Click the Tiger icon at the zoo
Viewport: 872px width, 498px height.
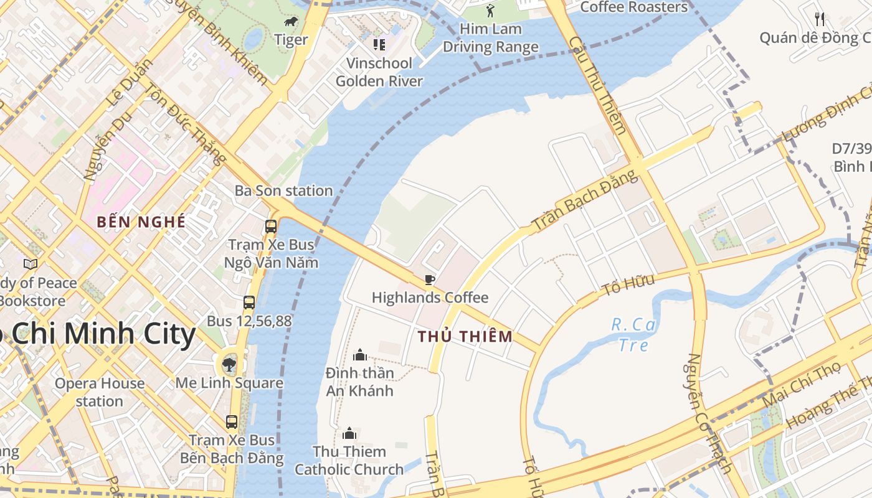click(291, 22)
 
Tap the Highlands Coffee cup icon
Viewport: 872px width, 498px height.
click(429, 280)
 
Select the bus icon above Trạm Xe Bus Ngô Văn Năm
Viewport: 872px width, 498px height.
click(271, 227)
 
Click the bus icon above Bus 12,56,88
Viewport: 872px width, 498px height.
click(249, 303)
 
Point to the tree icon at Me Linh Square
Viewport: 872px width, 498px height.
click(229, 364)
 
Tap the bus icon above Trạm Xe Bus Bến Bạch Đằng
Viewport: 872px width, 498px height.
click(232, 421)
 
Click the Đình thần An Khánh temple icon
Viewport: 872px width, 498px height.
click(360, 355)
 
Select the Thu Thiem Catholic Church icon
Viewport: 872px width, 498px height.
click(349, 433)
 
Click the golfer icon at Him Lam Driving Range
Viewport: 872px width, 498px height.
click(490, 11)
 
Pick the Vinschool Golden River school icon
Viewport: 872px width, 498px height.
click(379, 44)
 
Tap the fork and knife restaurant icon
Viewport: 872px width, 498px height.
click(820, 19)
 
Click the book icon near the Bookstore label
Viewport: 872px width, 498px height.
click(31, 265)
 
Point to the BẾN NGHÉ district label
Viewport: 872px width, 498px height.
click(141, 222)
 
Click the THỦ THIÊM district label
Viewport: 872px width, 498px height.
click(465, 337)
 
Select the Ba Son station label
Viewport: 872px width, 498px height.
click(283, 190)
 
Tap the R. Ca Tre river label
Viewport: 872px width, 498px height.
click(633, 334)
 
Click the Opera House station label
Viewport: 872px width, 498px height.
click(100, 392)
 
